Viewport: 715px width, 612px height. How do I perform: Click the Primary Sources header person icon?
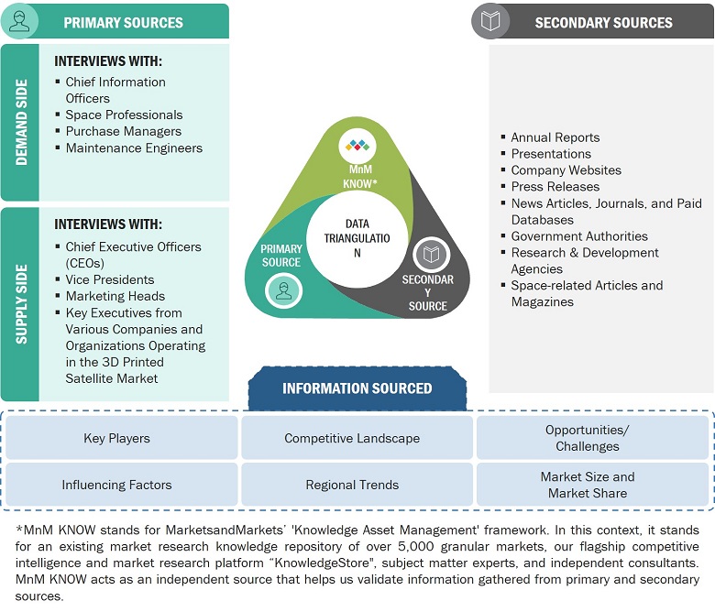click(x=19, y=21)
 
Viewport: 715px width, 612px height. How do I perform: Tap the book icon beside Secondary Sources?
click(x=490, y=21)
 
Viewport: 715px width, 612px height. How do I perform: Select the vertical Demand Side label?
click(x=20, y=122)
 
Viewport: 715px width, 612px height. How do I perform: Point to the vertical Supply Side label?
click(x=20, y=304)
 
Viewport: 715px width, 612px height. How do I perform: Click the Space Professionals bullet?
click(x=124, y=115)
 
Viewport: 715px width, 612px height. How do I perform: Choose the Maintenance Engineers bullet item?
click(x=134, y=148)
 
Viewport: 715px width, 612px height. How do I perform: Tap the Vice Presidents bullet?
click(x=110, y=279)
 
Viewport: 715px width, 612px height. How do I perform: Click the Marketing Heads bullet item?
click(x=115, y=296)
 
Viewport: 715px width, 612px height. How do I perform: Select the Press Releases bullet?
click(x=555, y=186)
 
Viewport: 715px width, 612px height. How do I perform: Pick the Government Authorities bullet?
click(x=579, y=235)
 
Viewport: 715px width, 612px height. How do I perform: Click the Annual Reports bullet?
click(x=555, y=137)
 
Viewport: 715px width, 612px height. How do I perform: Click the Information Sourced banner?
click(x=357, y=388)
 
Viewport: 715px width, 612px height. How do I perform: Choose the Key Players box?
click(x=116, y=438)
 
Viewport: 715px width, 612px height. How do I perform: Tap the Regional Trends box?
click(x=352, y=485)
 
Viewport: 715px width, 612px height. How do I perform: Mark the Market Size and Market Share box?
click(x=587, y=485)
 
